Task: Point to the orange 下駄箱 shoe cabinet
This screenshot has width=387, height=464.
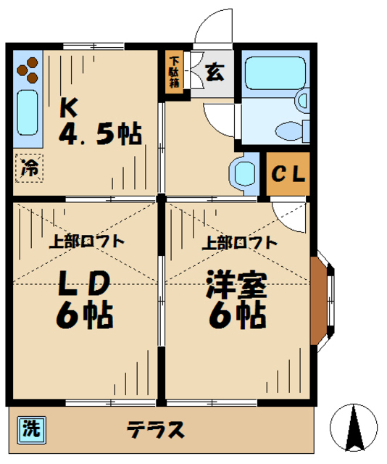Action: (x=174, y=71)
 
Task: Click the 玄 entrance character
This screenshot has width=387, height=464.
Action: (x=214, y=72)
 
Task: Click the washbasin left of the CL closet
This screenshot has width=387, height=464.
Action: (x=244, y=173)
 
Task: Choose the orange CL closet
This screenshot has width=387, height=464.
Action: (x=288, y=175)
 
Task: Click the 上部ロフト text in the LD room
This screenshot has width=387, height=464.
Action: (x=86, y=242)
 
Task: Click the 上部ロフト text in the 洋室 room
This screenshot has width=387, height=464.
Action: (x=239, y=242)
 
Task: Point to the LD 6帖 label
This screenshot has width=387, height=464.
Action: (x=85, y=298)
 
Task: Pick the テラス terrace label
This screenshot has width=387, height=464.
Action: (x=157, y=429)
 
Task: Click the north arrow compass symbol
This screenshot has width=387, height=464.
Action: (x=354, y=428)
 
